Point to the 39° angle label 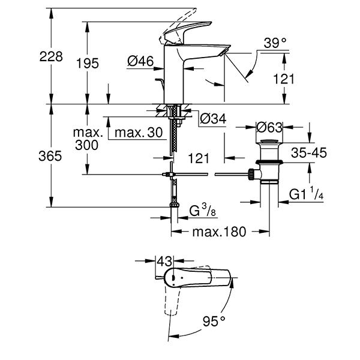pos(275,43)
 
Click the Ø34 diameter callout pos(212,119)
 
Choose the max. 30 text pos(139,132)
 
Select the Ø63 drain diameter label pos(269,127)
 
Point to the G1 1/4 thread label pos(307,195)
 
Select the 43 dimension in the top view pos(164,262)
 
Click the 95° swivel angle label pos(213,322)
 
